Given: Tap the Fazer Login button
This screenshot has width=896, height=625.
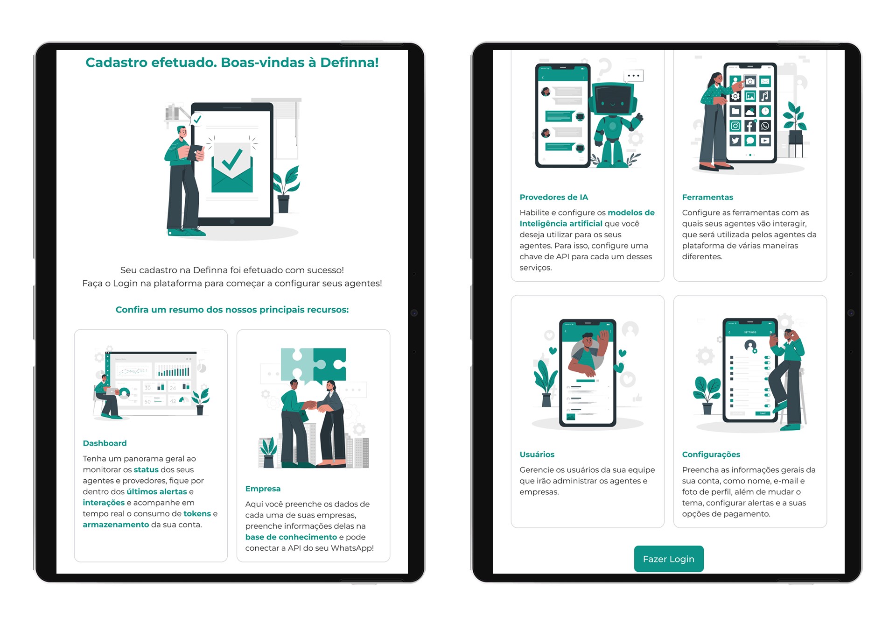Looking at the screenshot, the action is [x=668, y=559].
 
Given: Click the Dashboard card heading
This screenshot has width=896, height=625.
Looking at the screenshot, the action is [x=105, y=443].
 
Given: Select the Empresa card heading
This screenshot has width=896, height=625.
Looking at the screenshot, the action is [x=263, y=489].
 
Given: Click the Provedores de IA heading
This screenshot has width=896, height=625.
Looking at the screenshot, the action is [x=553, y=197].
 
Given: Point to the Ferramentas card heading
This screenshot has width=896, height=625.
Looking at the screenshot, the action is [x=707, y=197].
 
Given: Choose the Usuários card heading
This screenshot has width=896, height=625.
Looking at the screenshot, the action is [x=537, y=455].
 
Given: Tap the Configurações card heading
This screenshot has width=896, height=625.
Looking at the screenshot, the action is [x=711, y=455].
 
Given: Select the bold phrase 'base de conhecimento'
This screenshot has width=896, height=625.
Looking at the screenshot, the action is [x=291, y=537].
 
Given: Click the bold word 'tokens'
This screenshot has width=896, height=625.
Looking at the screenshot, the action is [x=197, y=514].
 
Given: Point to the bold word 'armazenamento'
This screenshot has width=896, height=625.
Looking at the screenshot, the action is [x=116, y=525].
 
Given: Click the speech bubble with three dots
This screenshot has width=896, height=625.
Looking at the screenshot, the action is [x=633, y=76].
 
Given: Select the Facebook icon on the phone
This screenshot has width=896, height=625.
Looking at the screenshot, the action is [x=750, y=126].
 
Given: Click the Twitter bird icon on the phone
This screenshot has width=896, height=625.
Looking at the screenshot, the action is [x=735, y=140].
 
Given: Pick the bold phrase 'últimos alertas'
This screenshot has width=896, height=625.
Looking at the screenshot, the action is [x=157, y=492].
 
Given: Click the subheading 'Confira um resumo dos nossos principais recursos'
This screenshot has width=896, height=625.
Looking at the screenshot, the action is [x=232, y=310].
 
